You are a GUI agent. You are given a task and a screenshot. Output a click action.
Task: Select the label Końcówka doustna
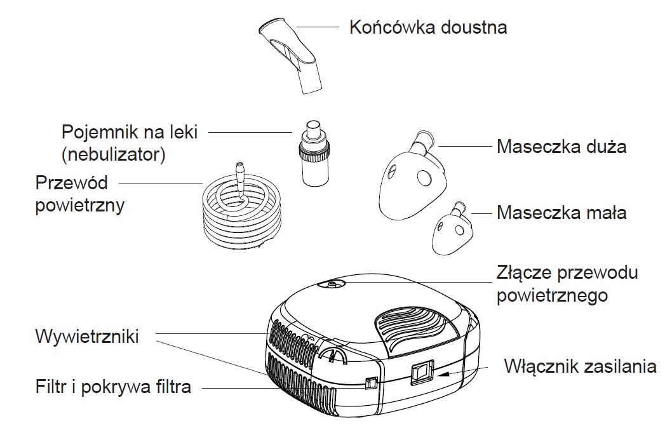click(429, 28)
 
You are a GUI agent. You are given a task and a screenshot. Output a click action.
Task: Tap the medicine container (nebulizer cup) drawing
click(313, 154)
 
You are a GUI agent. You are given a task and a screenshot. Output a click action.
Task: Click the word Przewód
click(72, 184)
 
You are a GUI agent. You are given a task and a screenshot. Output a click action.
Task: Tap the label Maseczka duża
click(561, 147)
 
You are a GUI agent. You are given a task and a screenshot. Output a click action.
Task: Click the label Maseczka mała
click(561, 212)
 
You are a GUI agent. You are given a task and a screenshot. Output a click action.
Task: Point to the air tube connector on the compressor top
click(332, 286)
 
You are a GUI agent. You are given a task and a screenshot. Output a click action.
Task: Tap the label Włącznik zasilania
click(580, 367)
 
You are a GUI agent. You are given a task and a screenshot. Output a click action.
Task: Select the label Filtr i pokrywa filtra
click(113, 387)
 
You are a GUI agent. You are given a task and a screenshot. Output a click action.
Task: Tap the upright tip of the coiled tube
click(240, 174)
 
